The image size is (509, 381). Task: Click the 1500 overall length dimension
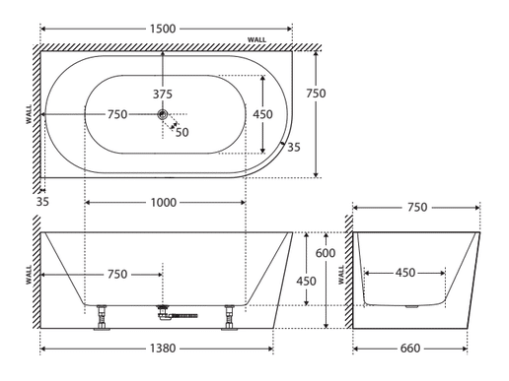pos(163,29)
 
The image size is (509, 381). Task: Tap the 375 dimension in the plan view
pos(163,95)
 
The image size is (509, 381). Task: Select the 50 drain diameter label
pos(182,132)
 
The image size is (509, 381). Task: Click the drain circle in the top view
pos(163,114)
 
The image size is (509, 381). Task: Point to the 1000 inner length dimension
pos(164,203)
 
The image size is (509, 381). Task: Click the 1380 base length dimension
pos(163,349)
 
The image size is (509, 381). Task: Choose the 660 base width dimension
pos(410,349)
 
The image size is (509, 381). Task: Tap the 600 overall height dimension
pos(326,253)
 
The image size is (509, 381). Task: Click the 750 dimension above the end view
pos(417,208)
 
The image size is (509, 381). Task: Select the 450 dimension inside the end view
pos(405,273)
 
